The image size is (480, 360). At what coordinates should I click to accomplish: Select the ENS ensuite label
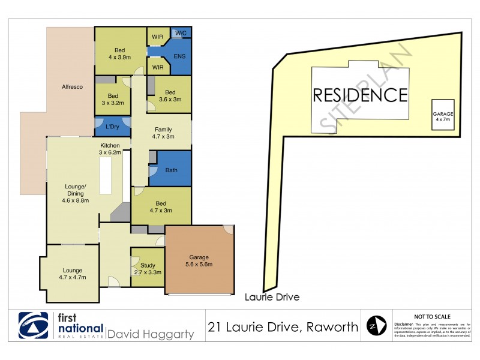click(179, 56)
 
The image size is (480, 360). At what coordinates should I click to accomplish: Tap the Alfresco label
click(71, 87)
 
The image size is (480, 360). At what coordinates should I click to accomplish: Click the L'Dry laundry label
click(112, 127)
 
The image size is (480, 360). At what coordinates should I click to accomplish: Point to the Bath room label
click(171, 170)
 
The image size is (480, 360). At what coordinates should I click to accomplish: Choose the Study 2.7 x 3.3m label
click(148, 269)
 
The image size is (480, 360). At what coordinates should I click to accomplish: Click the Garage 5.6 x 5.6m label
click(198, 261)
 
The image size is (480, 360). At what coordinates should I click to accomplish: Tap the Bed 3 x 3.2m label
click(113, 99)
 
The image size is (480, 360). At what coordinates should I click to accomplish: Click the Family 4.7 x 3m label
click(163, 133)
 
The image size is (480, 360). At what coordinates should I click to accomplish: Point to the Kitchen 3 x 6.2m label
click(110, 149)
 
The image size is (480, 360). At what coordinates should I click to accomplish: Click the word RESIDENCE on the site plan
click(360, 95)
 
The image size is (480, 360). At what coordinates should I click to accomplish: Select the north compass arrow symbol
click(376, 326)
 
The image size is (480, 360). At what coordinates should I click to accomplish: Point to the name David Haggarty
click(150, 334)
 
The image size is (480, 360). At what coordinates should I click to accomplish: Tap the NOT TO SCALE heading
click(432, 316)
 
